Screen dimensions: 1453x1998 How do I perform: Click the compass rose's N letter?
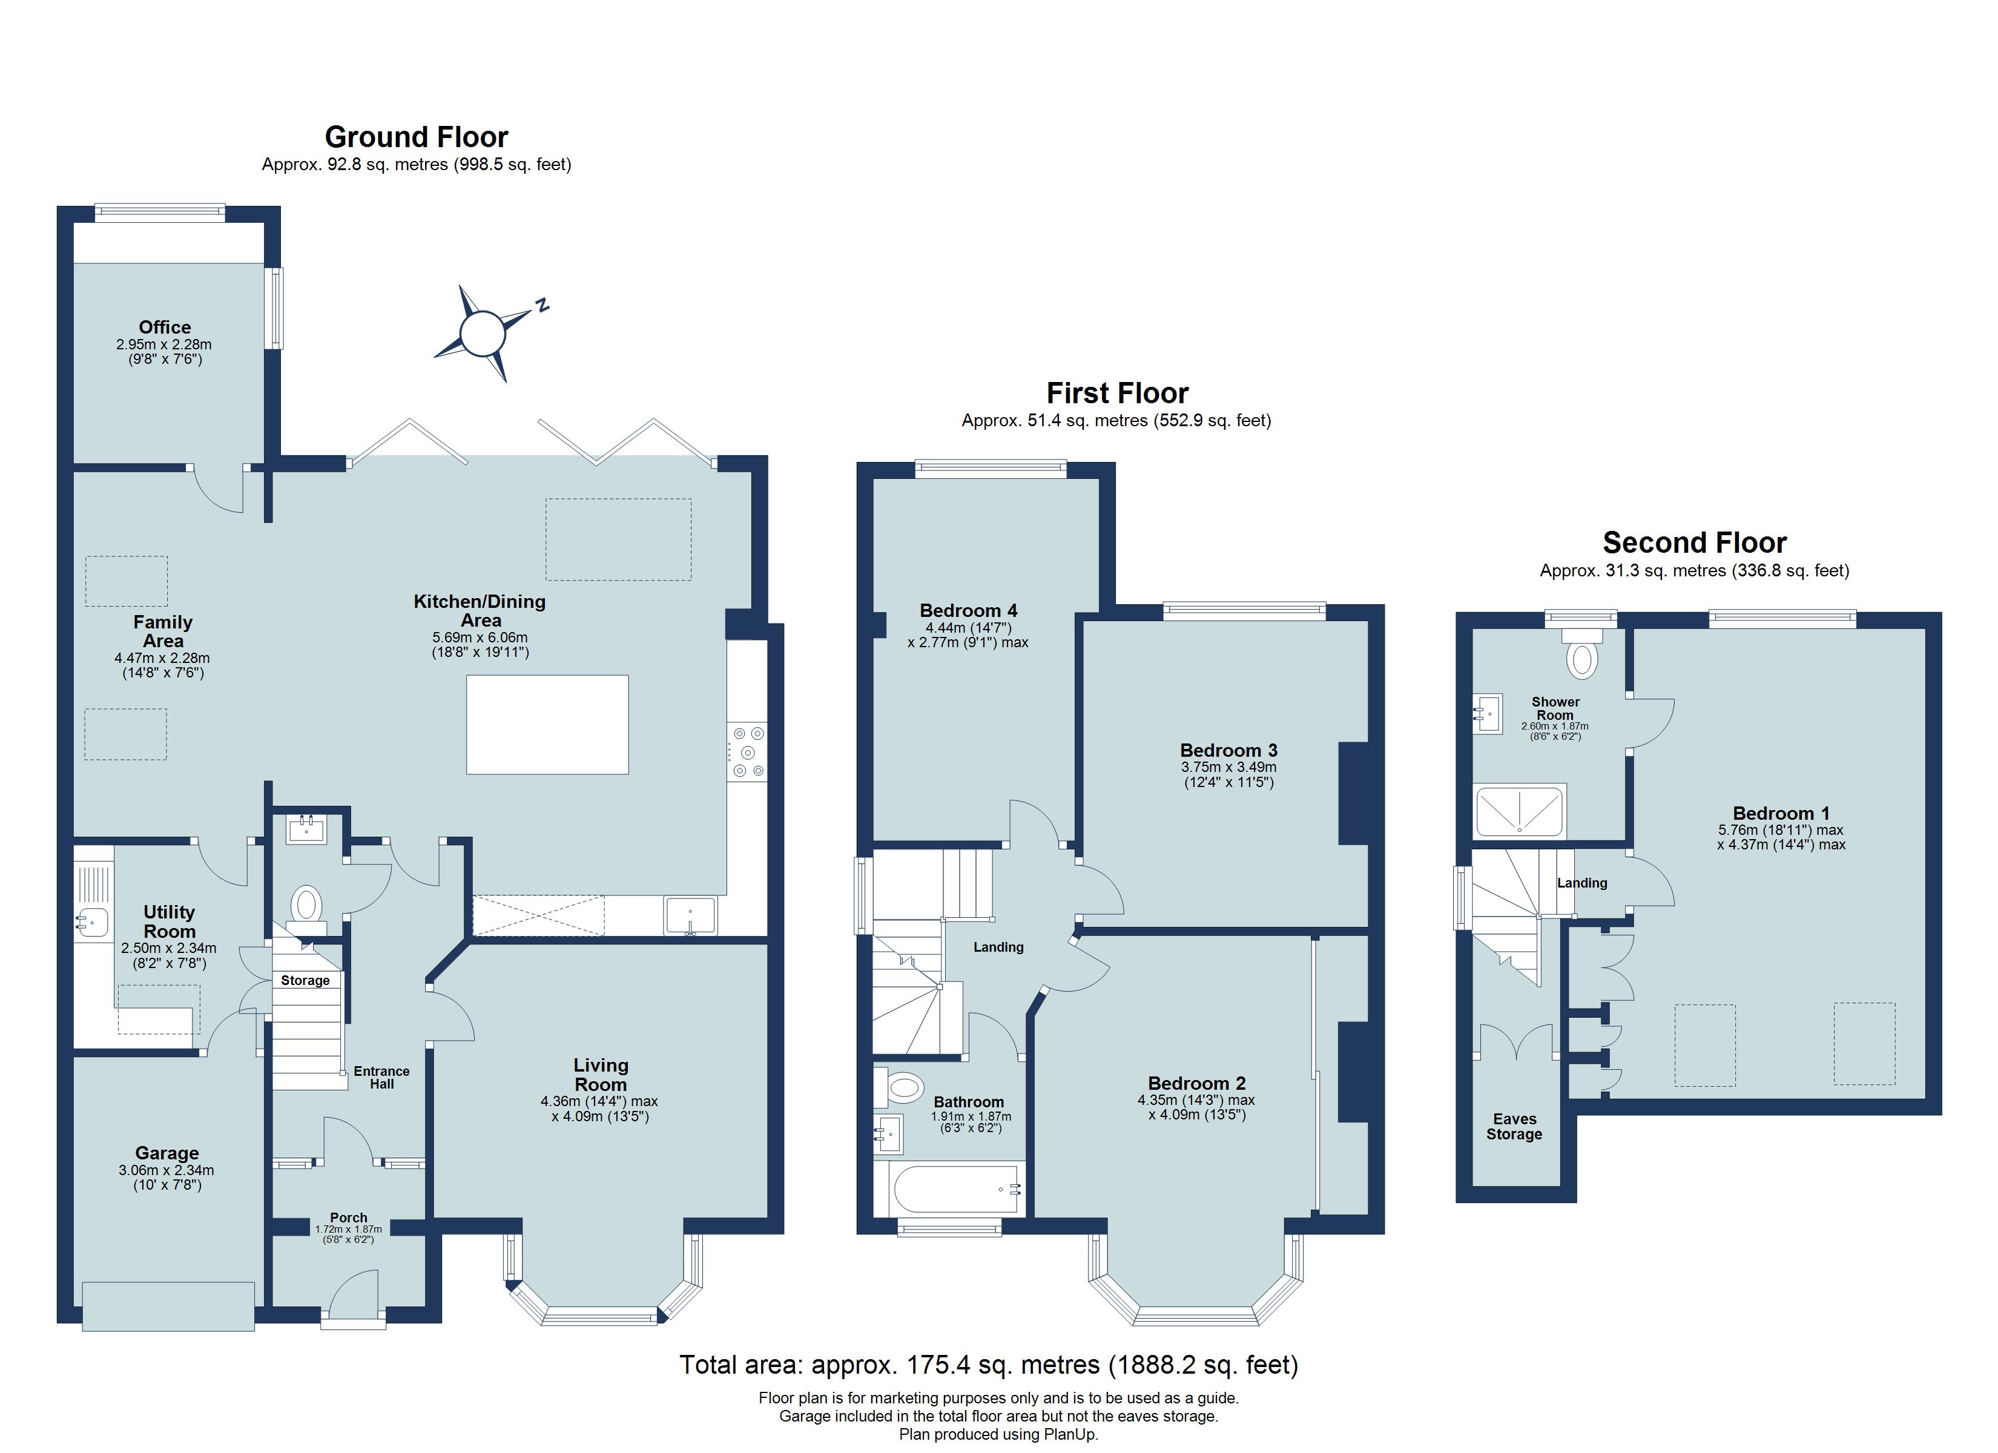pos(542,305)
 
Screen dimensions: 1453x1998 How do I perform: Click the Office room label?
pos(165,327)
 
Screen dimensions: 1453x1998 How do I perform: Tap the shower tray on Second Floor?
pos(1520,811)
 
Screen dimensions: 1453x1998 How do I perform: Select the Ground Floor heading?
pos(416,137)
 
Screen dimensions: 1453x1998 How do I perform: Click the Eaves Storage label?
pos(1514,1127)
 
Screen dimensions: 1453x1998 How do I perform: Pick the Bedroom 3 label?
pos(1228,751)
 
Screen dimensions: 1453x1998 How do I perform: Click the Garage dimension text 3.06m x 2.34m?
pos(166,1170)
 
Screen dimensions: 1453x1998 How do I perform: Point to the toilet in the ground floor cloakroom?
pos(306,904)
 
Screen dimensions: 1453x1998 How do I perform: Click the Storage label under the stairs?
pos(305,981)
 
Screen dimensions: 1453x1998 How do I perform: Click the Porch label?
pos(349,1217)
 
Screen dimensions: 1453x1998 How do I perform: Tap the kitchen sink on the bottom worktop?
pos(691,915)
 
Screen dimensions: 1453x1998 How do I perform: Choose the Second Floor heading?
pos(1694,543)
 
